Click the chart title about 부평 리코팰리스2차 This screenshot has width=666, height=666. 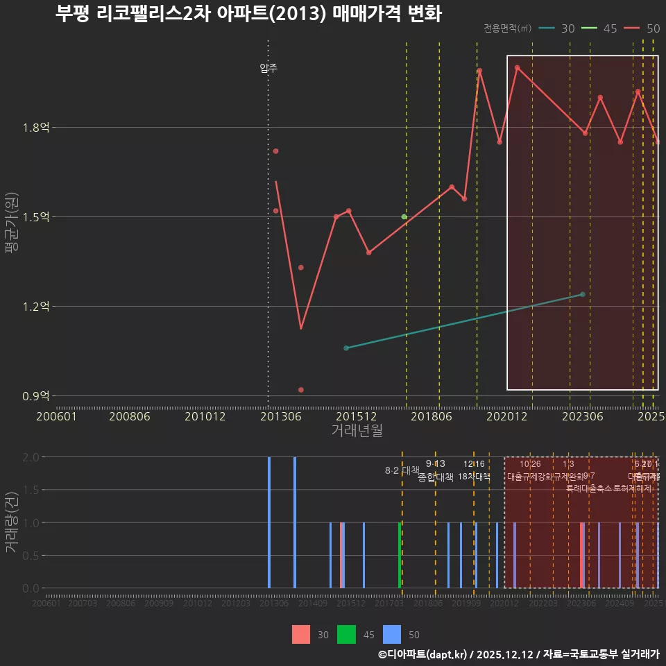point(248,14)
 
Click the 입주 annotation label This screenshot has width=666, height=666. point(268,68)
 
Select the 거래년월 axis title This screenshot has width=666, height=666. point(357,431)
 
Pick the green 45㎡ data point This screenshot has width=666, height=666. point(404,217)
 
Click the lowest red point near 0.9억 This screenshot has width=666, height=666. point(301,390)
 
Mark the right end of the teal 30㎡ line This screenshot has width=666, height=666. point(583,294)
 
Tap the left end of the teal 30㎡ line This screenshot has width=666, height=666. point(346,348)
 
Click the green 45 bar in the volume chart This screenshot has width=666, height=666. point(400,555)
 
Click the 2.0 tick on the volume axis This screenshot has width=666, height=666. point(31,457)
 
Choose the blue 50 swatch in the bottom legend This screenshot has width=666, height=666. point(392,634)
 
